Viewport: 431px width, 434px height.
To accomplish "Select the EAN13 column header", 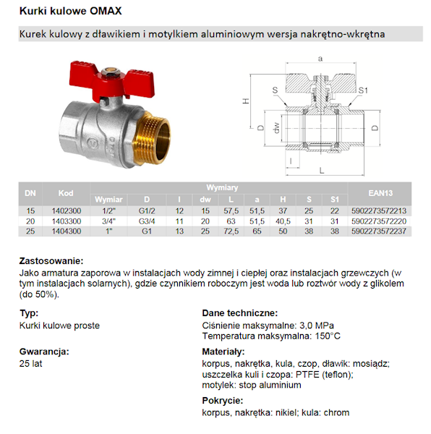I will coord(379,193).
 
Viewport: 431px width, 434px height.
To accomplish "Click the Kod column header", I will coord(66,193).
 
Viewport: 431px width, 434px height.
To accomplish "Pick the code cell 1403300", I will coord(66,221).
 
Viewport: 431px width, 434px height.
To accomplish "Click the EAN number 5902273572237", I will coord(380,231).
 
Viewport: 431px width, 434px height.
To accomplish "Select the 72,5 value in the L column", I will coord(231,231).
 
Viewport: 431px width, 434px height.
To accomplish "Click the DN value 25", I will coord(30,231).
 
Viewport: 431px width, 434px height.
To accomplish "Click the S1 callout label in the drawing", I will coord(364,90).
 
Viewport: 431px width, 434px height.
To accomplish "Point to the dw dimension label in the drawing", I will coord(276,128).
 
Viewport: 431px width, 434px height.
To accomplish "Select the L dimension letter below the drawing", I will coord(320,173).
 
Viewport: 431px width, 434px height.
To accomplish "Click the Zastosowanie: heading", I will coord(51,261).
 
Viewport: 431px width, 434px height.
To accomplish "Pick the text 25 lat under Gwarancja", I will coord(32,364).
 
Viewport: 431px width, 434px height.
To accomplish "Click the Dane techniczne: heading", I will coord(239,313).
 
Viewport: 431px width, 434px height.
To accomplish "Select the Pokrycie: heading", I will coord(223,400).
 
